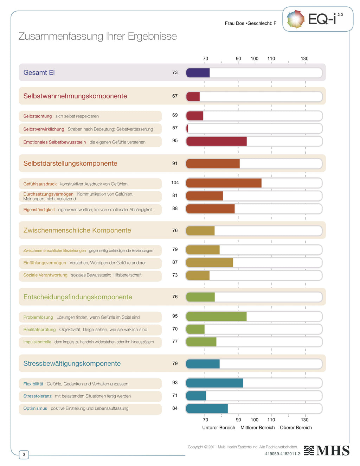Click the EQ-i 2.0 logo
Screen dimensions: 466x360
click(x=317, y=19)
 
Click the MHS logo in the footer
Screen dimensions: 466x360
click(x=327, y=451)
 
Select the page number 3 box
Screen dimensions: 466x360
click(x=24, y=454)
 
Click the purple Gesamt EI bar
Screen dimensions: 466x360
click(x=198, y=73)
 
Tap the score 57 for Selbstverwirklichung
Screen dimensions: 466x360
click(x=175, y=128)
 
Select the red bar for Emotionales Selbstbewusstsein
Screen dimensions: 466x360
click(x=216, y=141)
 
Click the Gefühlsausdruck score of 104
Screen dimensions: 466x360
click(x=175, y=183)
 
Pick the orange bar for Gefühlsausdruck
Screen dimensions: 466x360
click(x=224, y=183)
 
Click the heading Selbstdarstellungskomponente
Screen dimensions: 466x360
click(x=70, y=164)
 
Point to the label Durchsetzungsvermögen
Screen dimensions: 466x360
click(x=49, y=194)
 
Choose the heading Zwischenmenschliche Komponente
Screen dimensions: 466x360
click(x=77, y=230)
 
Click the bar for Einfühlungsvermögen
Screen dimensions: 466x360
click(x=210, y=263)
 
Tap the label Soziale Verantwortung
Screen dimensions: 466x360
click(x=45, y=275)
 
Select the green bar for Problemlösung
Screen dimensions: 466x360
click(x=216, y=317)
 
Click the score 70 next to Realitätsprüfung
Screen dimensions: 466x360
click(x=175, y=329)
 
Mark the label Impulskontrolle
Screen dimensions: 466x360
click(x=37, y=342)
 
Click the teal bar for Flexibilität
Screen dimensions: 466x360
click(x=214, y=383)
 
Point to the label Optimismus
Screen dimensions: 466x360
click(x=35, y=408)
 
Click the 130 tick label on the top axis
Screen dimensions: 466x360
click(x=304, y=59)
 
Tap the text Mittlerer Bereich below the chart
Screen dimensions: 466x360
click(x=257, y=428)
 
